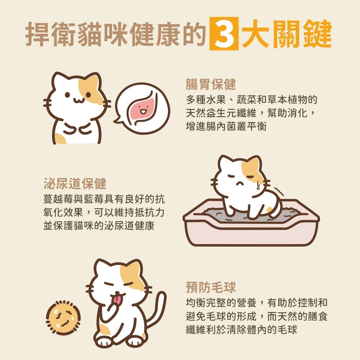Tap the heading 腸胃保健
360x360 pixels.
click(211, 85)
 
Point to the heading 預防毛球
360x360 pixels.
click(211, 287)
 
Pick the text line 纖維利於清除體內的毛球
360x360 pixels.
click(242, 330)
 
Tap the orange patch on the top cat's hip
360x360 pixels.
click(60, 139)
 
